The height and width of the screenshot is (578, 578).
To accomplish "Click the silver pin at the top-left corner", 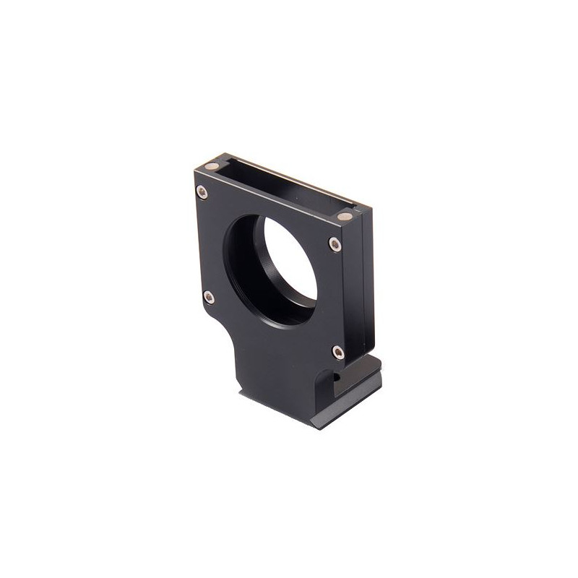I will pyautogui.click(x=212, y=168).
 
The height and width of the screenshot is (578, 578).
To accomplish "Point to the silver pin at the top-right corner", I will pyautogui.click(x=344, y=216).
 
